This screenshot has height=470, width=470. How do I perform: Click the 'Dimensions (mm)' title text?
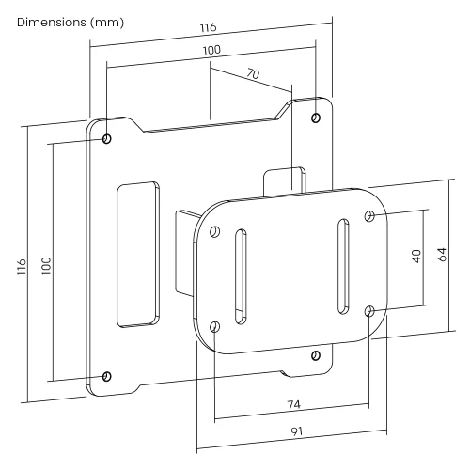70,23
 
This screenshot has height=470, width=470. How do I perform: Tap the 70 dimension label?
253,73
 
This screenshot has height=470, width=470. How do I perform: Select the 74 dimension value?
294,404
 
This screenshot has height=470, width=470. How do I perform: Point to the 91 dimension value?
297,431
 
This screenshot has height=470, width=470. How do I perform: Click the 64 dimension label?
442,255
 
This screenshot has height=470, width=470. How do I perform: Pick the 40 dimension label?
416,257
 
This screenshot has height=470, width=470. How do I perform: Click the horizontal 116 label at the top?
209,27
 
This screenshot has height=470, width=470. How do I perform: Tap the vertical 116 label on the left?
22,267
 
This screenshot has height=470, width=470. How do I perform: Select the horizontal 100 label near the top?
211,50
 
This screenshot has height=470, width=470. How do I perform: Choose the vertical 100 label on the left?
46,266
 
